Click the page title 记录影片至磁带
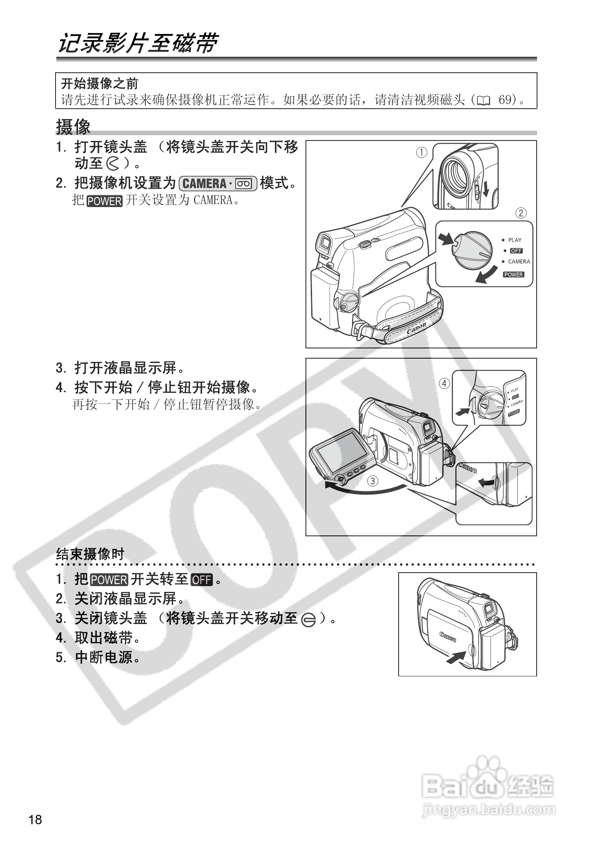pyautogui.click(x=138, y=43)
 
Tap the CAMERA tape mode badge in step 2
pyautogui.click(x=218, y=183)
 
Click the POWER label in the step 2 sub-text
pyautogui.click(x=104, y=201)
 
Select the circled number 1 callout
pyautogui.click(x=421, y=153)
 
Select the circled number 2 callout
pyautogui.click(x=521, y=213)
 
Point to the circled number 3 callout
pyautogui.click(x=372, y=481)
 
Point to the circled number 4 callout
pyautogui.click(x=444, y=384)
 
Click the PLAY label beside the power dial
pyautogui.click(x=515, y=240)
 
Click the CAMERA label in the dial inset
pyautogui.click(x=519, y=261)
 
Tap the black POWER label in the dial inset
pyautogui.click(x=513, y=274)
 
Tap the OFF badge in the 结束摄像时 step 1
pyautogui.click(x=202, y=580)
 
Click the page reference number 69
pyautogui.click(x=505, y=100)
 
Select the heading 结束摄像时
pyautogui.click(x=90, y=554)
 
